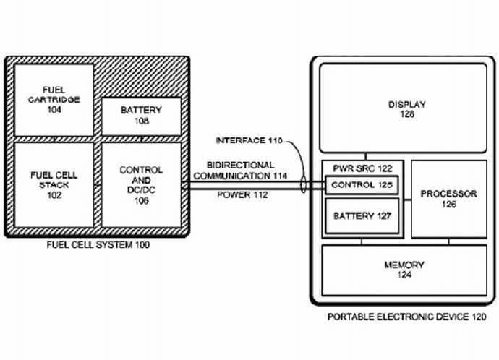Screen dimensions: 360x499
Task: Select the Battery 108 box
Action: point(141,116)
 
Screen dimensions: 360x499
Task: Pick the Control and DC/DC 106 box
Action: point(141,184)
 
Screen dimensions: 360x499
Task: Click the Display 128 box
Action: point(403,108)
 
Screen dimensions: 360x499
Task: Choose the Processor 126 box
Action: point(448,200)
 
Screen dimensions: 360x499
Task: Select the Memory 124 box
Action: point(403,270)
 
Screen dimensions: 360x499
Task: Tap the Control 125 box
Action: point(362,185)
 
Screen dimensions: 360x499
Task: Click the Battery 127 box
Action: point(362,215)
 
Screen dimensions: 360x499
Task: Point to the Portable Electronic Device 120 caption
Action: point(402,316)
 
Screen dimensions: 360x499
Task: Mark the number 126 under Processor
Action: point(448,205)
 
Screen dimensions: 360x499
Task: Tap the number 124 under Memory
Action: point(404,275)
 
